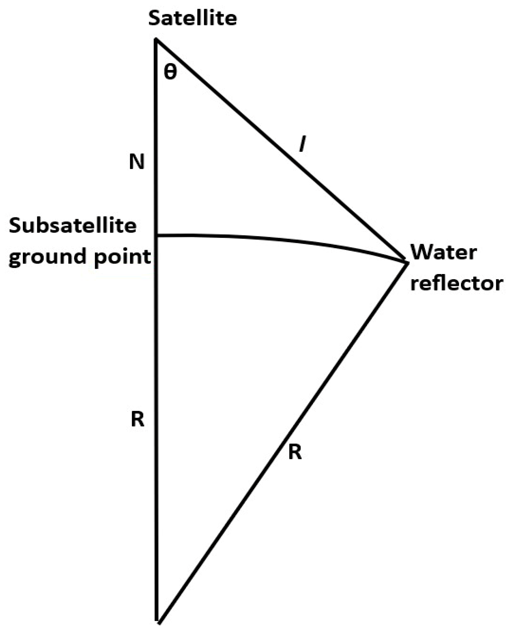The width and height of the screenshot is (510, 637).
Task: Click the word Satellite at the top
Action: (193, 18)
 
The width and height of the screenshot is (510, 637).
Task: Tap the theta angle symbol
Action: (170, 72)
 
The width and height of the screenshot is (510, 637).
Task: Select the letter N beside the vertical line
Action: (137, 162)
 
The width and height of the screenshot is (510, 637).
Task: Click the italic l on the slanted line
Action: (302, 145)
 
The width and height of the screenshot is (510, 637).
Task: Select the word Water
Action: (444, 253)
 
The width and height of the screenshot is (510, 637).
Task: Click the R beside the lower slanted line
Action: (295, 452)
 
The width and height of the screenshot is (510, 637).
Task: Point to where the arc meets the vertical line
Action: (156, 235)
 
